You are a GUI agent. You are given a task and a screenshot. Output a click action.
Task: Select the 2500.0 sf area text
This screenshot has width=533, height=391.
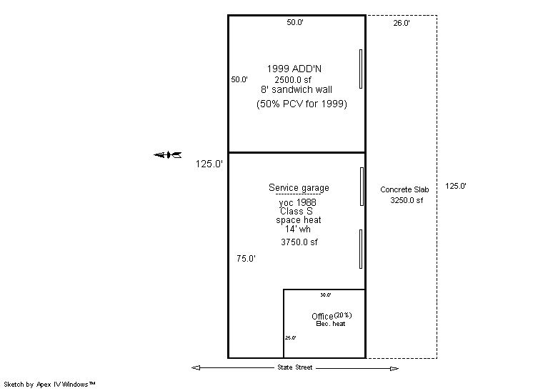[293, 79]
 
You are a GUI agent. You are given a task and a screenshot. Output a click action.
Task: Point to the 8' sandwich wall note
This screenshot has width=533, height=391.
[296, 90]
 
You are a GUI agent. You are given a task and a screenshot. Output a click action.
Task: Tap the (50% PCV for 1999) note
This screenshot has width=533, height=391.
[302, 104]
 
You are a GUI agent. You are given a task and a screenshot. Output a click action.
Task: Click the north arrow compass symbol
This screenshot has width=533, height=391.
[168, 154]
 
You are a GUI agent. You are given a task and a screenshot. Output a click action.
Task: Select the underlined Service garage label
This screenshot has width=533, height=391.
[299, 188]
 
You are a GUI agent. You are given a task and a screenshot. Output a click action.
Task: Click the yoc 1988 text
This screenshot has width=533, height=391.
[298, 203]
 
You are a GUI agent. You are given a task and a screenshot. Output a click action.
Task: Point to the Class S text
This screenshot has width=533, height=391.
[296, 212]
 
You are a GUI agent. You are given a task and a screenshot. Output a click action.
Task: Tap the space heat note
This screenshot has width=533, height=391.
[299, 220]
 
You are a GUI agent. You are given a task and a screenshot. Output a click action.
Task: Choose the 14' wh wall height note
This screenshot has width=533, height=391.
[297, 229]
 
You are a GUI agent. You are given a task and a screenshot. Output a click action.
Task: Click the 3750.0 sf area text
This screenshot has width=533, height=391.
[299, 242]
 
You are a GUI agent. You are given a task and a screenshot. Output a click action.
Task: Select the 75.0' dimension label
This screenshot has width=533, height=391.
[246, 259]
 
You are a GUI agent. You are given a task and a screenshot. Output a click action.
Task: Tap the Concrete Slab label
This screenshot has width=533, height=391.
[404, 189]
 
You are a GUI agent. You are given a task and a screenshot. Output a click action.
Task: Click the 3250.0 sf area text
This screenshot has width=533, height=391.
[406, 201]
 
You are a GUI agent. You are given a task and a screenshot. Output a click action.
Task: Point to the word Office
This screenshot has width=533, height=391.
[322, 317]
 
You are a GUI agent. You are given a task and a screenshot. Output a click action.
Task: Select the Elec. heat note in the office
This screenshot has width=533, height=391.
[330, 325]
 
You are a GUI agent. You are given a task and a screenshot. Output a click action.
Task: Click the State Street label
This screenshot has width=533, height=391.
[294, 368]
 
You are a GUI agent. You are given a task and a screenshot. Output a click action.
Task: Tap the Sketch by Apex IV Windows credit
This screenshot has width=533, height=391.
[49, 385]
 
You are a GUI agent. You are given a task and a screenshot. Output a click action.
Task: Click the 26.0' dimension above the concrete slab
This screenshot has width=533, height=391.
[401, 24]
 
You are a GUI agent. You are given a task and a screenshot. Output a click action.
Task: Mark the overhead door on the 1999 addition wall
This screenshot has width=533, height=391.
[361, 69]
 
